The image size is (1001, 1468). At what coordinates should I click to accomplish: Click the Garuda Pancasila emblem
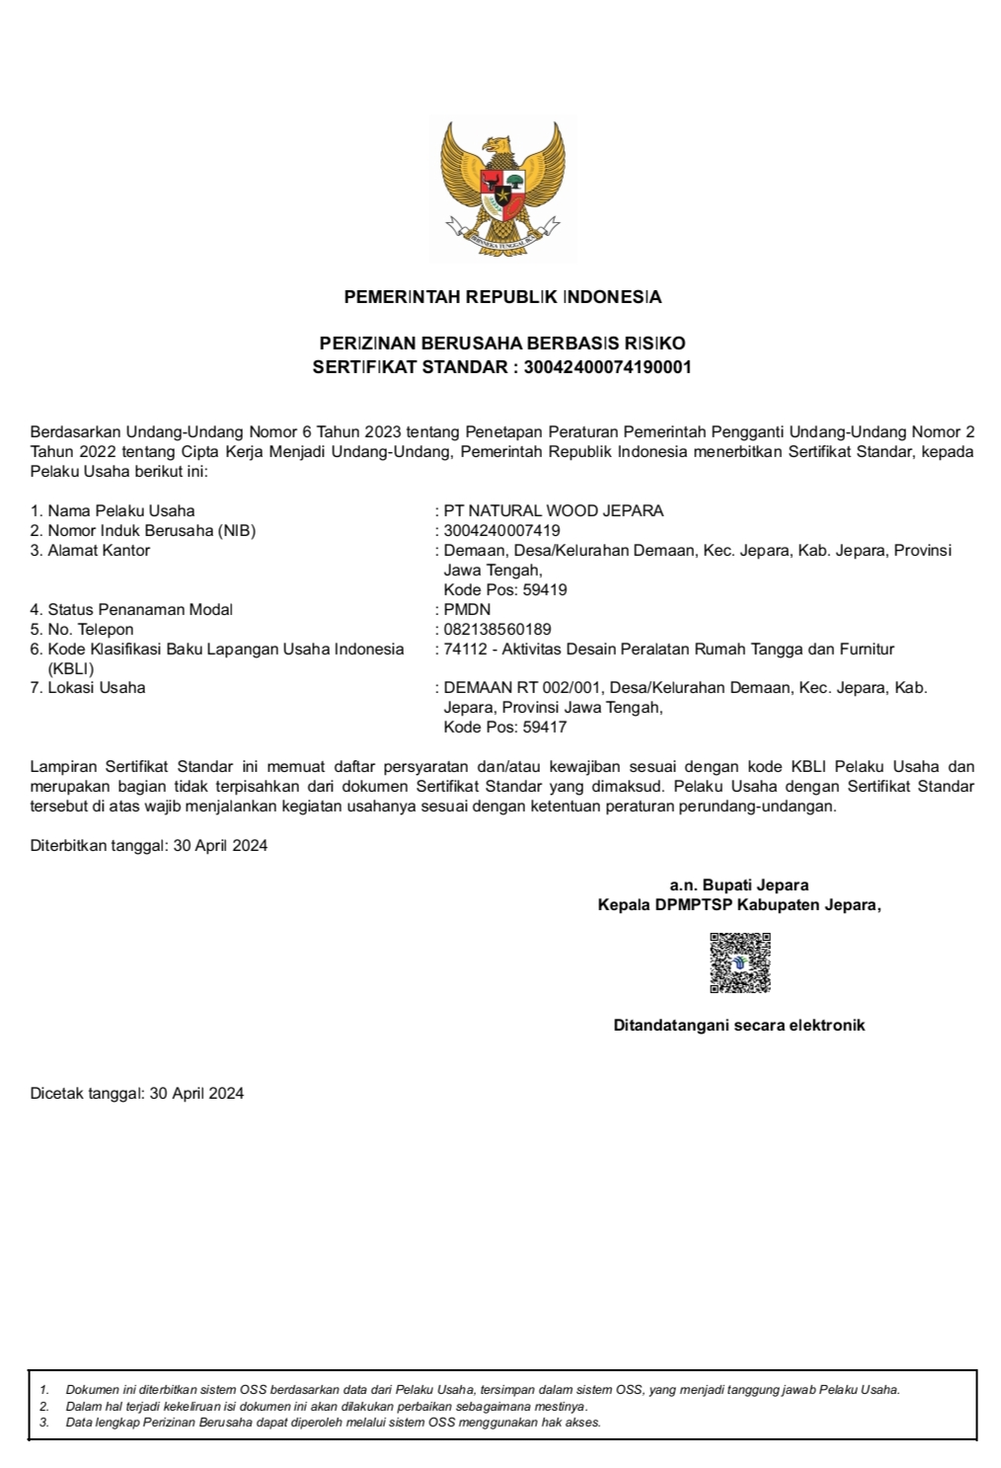[502, 188]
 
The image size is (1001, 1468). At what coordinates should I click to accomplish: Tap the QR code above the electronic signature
[739, 963]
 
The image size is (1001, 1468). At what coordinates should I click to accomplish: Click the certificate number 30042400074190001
[607, 367]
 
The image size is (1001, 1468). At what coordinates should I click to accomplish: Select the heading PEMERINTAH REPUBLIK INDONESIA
[502, 297]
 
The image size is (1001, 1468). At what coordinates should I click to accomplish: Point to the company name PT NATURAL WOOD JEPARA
[554, 511]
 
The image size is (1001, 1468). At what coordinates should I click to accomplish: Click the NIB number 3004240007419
[501, 531]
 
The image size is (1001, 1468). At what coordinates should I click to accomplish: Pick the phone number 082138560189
[498, 630]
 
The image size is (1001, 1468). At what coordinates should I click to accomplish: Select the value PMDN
[467, 610]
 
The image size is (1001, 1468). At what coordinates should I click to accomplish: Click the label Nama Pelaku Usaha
[120, 511]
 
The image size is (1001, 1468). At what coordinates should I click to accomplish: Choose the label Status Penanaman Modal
[140, 610]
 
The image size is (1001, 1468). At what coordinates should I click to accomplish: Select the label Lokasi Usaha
[96, 688]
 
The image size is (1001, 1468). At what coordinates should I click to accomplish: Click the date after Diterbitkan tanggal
[220, 846]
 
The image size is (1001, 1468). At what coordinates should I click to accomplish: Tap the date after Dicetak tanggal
[196, 1094]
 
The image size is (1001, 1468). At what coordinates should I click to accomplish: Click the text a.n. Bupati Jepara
[739, 886]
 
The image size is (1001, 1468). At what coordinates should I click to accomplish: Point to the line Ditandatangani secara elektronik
[739, 1026]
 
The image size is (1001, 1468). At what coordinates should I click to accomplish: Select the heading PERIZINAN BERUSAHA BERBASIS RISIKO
[502, 344]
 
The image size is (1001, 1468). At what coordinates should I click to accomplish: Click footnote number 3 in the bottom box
[44, 1423]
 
